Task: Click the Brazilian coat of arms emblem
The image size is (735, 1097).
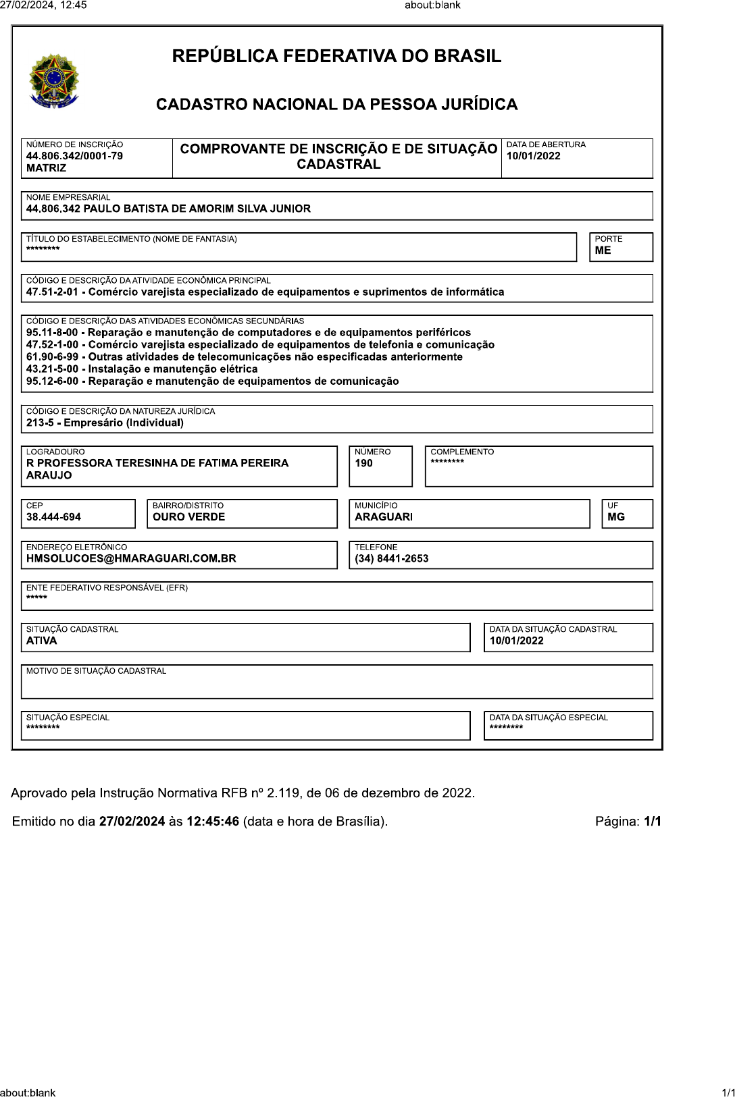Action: click(x=54, y=82)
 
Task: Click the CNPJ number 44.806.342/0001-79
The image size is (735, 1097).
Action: click(x=74, y=156)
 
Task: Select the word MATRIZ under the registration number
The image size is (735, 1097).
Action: click(x=46, y=168)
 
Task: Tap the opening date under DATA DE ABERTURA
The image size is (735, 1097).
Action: click(x=533, y=156)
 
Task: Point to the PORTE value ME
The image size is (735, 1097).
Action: click(x=603, y=250)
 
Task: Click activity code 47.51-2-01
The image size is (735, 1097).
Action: click(x=52, y=292)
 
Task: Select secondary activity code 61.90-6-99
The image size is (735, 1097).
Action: click(x=52, y=357)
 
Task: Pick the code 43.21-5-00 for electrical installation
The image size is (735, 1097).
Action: click(x=52, y=369)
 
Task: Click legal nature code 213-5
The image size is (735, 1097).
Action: click(x=40, y=423)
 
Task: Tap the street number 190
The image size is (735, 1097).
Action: click(x=363, y=463)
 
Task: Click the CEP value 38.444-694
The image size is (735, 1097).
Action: click(x=53, y=517)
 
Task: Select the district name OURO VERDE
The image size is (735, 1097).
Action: click(x=188, y=517)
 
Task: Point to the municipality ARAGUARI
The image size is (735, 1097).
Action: click(x=383, y=517)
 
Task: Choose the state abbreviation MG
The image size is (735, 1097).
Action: click(x=615, y=517)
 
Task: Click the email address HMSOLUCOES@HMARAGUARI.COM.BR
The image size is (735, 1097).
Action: click(x=131, y=559)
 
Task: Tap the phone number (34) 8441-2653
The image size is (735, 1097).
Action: click(x=391, y=559)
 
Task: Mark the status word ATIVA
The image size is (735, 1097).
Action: click(x=41, y=641)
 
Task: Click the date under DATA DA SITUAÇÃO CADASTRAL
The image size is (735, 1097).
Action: click(x=516, y=641)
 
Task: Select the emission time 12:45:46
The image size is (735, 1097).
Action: click(x=212, y=822)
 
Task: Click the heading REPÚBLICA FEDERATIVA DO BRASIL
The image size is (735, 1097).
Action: click(x=336, y=56)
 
